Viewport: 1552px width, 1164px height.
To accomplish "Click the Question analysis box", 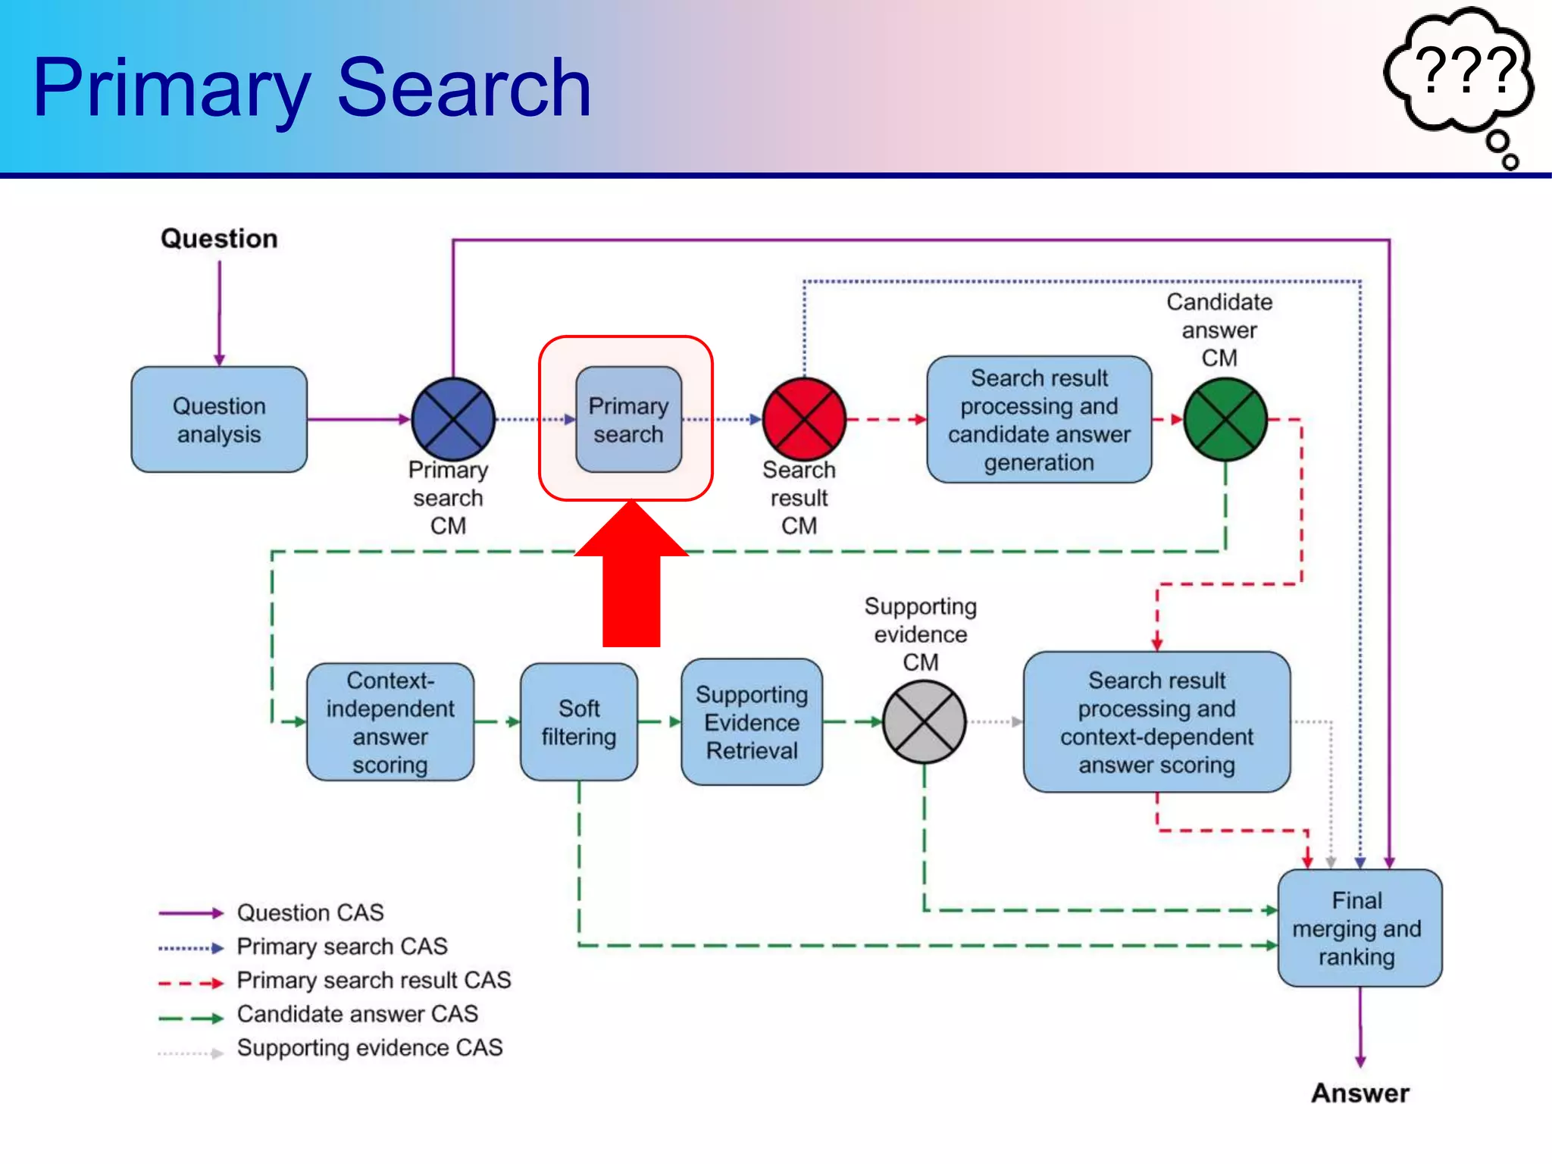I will [219, 420].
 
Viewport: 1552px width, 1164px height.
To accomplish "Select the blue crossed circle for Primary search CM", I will [453, 419].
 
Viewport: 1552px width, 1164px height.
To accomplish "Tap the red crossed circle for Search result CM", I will [803, 419].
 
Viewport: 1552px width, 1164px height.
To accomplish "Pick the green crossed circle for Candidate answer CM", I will [1225, 419].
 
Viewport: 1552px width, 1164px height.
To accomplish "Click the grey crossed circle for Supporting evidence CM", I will [924, 721].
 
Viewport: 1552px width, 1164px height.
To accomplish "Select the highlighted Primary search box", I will [628, 420].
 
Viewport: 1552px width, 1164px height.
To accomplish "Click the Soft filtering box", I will [579, 722].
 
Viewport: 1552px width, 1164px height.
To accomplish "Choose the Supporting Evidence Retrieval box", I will [752, 722].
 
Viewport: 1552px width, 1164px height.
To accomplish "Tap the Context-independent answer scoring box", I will [390, 722].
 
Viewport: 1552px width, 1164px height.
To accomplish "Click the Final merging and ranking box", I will [1359, 928].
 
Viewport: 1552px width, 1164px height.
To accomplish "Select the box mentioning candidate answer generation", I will [1039, 420].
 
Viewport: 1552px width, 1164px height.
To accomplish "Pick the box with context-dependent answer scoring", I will [1156, 722].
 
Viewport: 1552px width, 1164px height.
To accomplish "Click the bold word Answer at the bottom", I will [1360, 1093].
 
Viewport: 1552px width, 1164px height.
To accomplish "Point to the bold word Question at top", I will [219, 239].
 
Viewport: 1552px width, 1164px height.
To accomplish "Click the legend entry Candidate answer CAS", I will [357, 1014].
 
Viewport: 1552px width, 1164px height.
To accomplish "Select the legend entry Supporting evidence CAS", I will [369, 1048].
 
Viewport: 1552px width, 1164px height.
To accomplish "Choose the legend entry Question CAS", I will [310, 912].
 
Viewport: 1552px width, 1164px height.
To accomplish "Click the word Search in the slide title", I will [464, 89].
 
